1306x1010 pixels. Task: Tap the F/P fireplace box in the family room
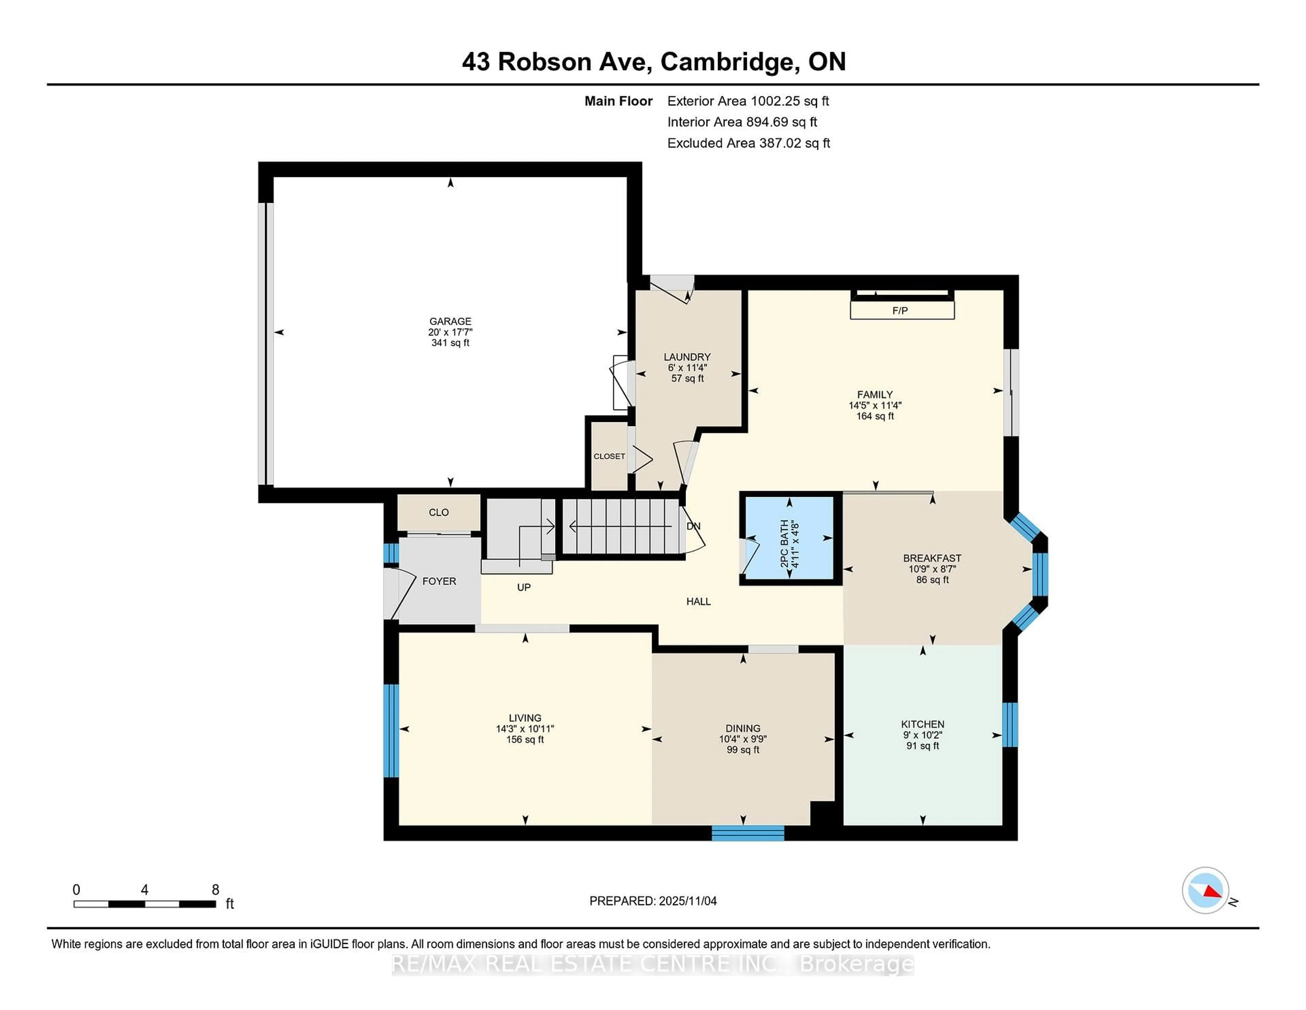click(x=902, y=310)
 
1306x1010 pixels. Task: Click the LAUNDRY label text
click(x=687, y=357)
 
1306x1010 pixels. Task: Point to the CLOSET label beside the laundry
click(x=609, y=456)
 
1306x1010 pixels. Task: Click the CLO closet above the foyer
click(x=438, y=512)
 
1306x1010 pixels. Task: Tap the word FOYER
click(x=439, y=581)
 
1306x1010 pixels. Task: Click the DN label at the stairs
click(x=693, y=526)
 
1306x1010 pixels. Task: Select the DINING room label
click(x=743, y=728)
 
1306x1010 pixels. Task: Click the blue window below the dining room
click(x=748, y=833)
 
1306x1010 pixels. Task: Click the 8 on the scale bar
click(x=215, y=890)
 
